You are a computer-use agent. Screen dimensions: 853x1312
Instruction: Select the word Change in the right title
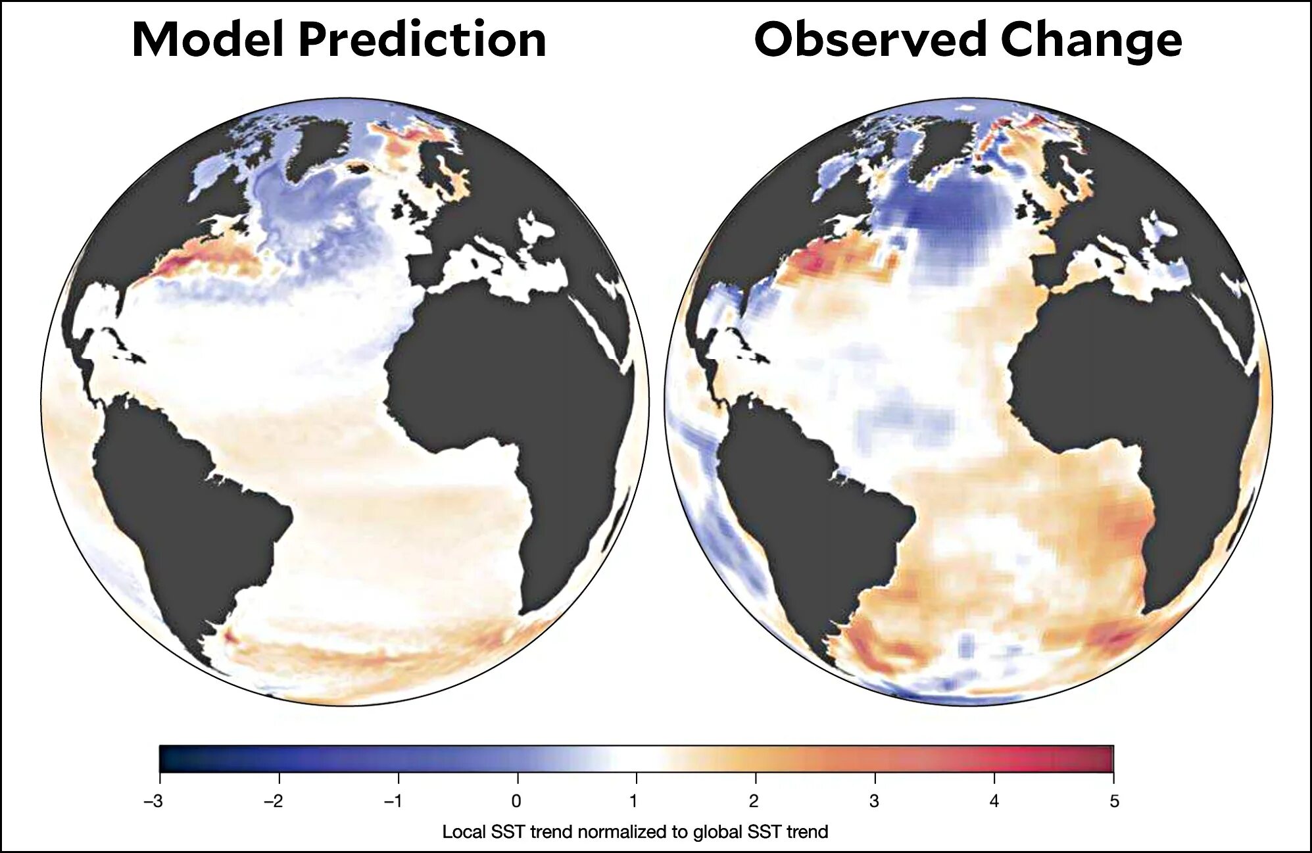1091,39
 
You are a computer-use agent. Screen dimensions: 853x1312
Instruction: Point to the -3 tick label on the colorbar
154,801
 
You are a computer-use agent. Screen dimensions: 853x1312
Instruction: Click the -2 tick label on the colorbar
274,801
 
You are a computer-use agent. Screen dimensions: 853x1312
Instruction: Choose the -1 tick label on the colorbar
393,801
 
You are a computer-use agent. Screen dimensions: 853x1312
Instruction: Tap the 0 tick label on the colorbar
517,801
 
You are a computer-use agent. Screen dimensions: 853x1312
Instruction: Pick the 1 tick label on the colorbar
634,801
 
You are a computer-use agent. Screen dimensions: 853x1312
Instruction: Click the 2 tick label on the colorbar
754,801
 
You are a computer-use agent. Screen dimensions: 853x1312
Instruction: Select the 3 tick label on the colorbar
874,801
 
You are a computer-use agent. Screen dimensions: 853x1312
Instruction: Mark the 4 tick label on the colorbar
994,801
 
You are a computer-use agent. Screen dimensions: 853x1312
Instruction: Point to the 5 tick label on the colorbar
1114,801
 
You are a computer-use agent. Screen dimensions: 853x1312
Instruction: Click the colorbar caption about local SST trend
635,832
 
